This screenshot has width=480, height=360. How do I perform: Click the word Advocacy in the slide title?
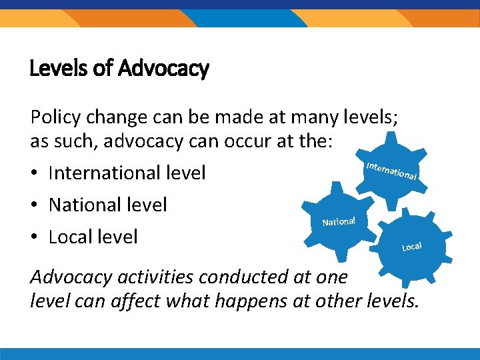tap(163, 69)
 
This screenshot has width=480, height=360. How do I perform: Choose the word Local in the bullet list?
tap(71, 236)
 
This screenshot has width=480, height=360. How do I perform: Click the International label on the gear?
tap(392, 171)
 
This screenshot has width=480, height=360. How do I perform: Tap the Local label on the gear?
tap(412, 247)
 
